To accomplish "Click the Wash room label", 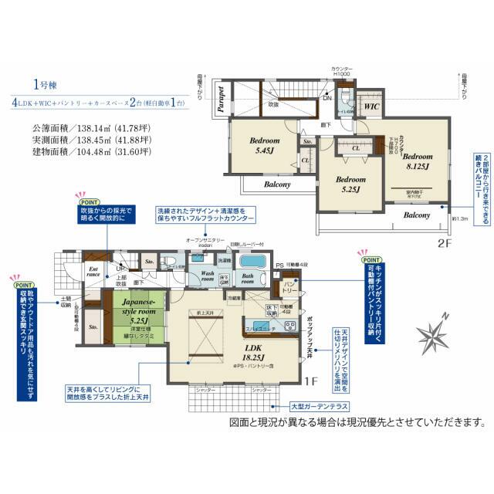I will coord(203,275).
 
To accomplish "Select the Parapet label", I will coord(221,100).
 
